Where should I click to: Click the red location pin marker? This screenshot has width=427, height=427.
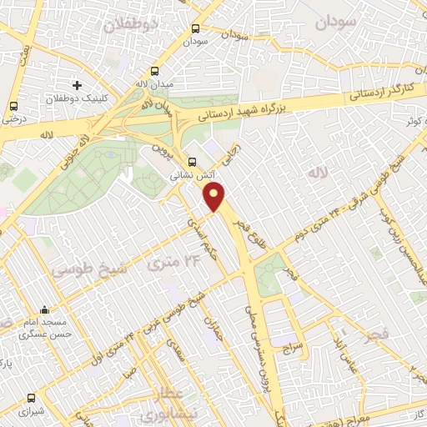tap(215, 198)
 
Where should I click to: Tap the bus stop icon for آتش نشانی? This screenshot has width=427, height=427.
tap(193, 163)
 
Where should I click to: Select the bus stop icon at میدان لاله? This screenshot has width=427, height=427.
tap(153, 72)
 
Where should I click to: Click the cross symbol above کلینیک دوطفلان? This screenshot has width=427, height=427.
tap(77, 86)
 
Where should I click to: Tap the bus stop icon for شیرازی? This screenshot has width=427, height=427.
tap(32, 399)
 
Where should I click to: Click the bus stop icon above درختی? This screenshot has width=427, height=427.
tap(13, 106)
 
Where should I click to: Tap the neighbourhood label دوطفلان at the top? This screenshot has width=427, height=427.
tap(130, 24)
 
